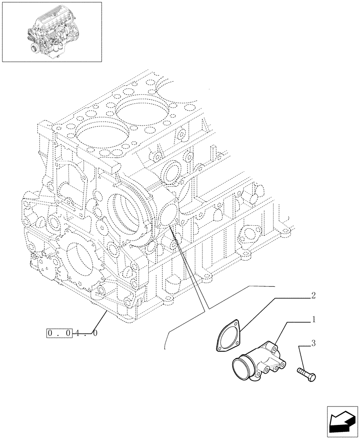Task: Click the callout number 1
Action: coord(313,320)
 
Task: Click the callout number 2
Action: coord(313,295)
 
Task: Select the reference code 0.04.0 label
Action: coord(72,333)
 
